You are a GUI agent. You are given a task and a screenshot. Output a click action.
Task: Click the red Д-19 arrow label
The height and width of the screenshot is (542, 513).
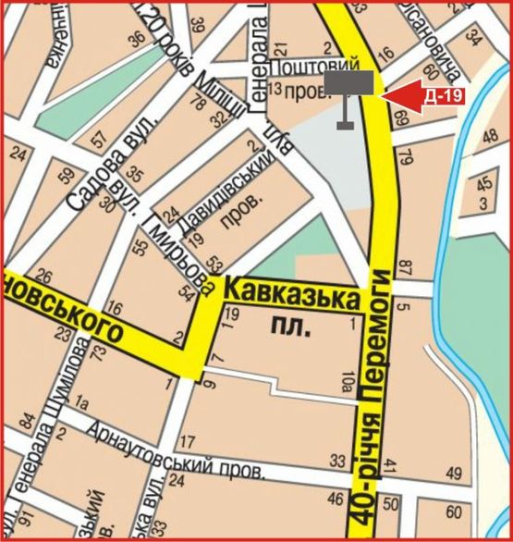[x=430, y=95]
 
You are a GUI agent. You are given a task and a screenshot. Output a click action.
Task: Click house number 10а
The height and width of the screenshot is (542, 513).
[x=348, y=375]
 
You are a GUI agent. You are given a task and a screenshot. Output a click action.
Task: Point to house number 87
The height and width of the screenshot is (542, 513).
[x=405, y=268]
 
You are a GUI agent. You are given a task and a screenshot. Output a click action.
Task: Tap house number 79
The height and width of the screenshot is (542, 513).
[x=404, y=157]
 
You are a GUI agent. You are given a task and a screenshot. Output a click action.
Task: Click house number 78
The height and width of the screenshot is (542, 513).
[x=196, y=105]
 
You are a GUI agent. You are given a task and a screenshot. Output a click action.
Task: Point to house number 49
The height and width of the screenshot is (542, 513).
[x=453, y=473]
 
